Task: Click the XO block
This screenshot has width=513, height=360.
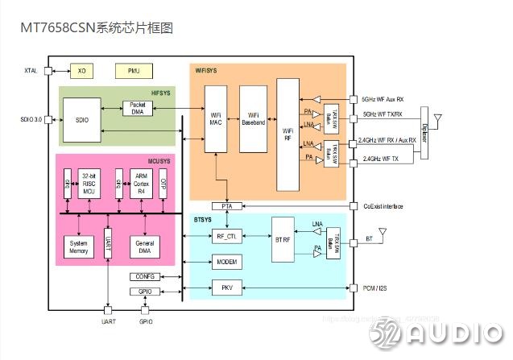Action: click(x=81, y=71)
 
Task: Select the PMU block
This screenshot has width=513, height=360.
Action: click(x=133, y=71)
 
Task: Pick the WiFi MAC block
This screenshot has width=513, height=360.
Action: click(x=216, y=118)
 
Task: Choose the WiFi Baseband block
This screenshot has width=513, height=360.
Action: click(x=254, y=118)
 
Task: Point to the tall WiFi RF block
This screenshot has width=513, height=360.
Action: click(x=288, y=134)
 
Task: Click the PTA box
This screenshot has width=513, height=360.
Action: click(x=227, y=206)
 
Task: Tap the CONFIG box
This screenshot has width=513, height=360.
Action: click(x=146, y=276)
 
